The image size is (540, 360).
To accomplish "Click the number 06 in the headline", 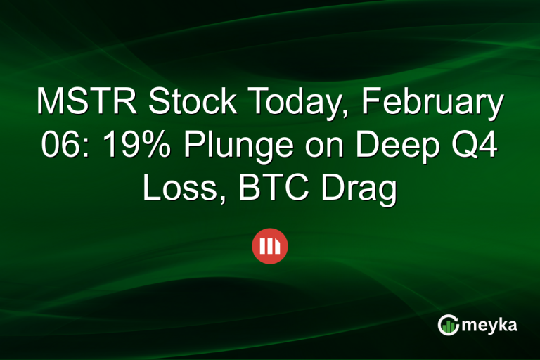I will coord(51,146).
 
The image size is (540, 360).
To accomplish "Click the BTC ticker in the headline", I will coord(262,189).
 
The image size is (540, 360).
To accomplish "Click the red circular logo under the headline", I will coord(270,246).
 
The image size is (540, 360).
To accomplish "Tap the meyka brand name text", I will coord(491,325).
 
